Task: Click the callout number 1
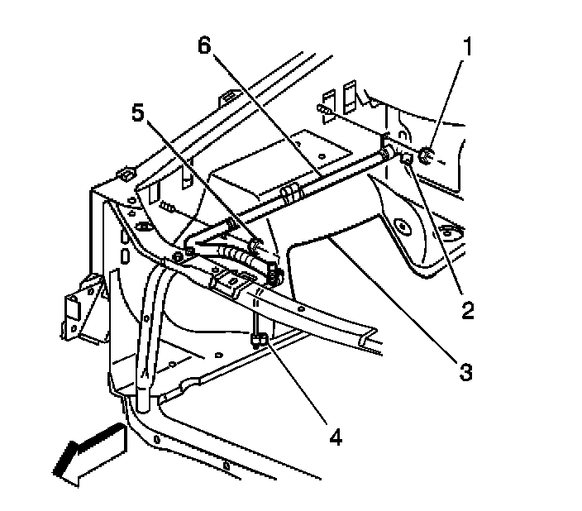[467, 48]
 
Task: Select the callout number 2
[468, 310]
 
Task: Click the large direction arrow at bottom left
[87, 452]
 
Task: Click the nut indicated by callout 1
[425, 154]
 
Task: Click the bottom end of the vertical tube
[141, 401]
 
